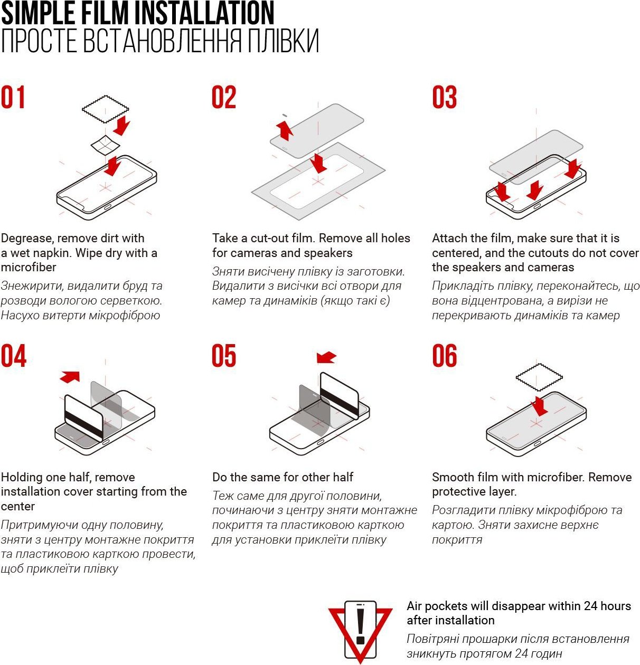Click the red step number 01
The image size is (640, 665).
tap(13, 97)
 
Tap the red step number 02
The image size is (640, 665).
tap(224, 97)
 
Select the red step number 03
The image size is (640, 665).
tap(445, 97)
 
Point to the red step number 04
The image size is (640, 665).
tap(14, 356)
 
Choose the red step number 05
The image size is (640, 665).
tap(224, 356)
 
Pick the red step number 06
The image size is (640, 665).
tap(445, 356)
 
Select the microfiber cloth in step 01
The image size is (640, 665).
tap(105, 109)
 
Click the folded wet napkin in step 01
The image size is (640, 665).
tap(105, 145)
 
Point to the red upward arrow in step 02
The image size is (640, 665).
tap(285, 130)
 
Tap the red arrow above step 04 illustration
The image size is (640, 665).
tap(70, 376)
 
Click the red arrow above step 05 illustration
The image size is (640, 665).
tap(326, 357)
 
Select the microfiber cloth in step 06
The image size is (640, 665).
tap(539, 377)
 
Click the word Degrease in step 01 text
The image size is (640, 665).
tap(26, 239)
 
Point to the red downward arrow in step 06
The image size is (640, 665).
tap(540, 406)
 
